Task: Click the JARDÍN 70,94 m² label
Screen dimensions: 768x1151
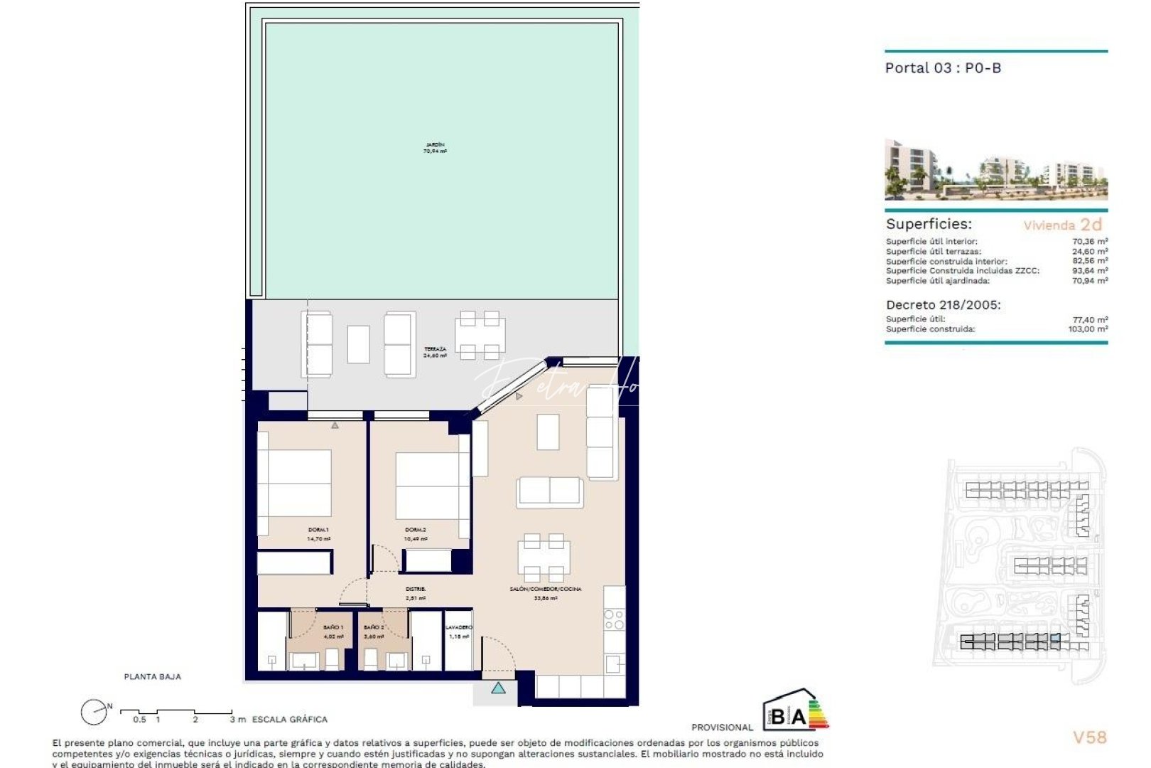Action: [x=435, y=148]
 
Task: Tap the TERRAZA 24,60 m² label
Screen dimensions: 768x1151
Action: [x=435, y=352]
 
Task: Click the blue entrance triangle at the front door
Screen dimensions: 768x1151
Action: [x=498, y=688]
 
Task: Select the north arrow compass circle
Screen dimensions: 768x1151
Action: [x=93, y=712]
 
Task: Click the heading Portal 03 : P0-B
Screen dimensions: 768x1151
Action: [x=943, y=68]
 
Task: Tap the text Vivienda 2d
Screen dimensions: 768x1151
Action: [x=1062, y=225]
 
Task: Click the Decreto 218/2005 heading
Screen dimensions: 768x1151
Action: [x=943, y=305]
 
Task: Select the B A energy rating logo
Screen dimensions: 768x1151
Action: [x=794, y=711]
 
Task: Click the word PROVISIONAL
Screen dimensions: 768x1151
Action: [x=722, y=727]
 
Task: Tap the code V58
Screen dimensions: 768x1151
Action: [x=1089, y=737]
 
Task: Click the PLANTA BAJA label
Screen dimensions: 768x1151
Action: [x=152, y=677]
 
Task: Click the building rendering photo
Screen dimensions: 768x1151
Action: [x=995, y=170]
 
